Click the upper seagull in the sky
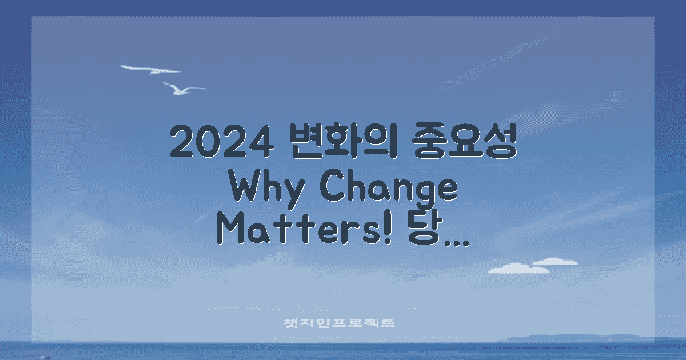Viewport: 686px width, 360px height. (151, 70)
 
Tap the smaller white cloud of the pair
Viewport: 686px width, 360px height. (555, 261)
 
